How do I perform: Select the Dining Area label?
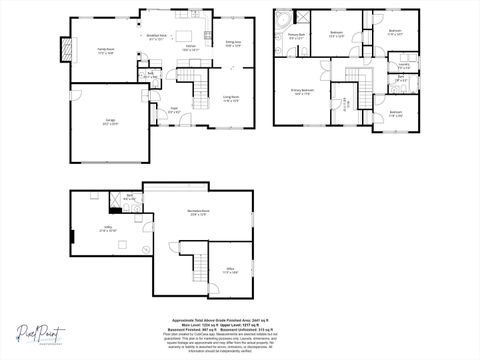[x=232, y=44]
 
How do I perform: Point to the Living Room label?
[x=231, y=99]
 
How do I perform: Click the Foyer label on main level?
[x=173, y=111]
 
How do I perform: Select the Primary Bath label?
[x=297, y=37]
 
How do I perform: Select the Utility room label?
[x=107, y=229]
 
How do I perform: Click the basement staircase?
[x=201, y=266]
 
